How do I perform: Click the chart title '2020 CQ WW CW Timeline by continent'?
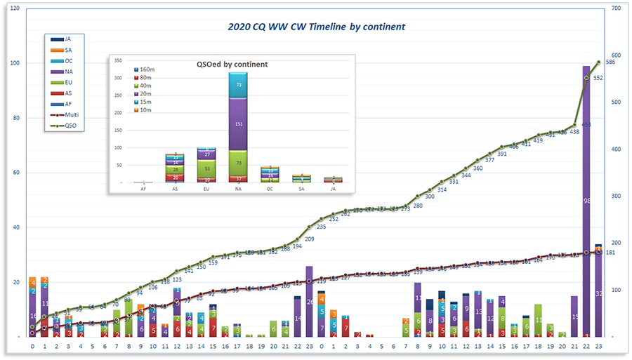tap(316, 27)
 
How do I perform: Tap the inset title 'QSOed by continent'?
tap(232, 64)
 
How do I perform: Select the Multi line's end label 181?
tap(610, 253)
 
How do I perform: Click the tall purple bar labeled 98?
tap(586, 200)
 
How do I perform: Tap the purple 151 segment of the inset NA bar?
tap(237, 124)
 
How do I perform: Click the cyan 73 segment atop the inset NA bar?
tap(237, 84)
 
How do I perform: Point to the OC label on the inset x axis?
tap(270, 187)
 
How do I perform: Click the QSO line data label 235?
tap(322, 227)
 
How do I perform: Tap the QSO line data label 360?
tap(478, 168)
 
